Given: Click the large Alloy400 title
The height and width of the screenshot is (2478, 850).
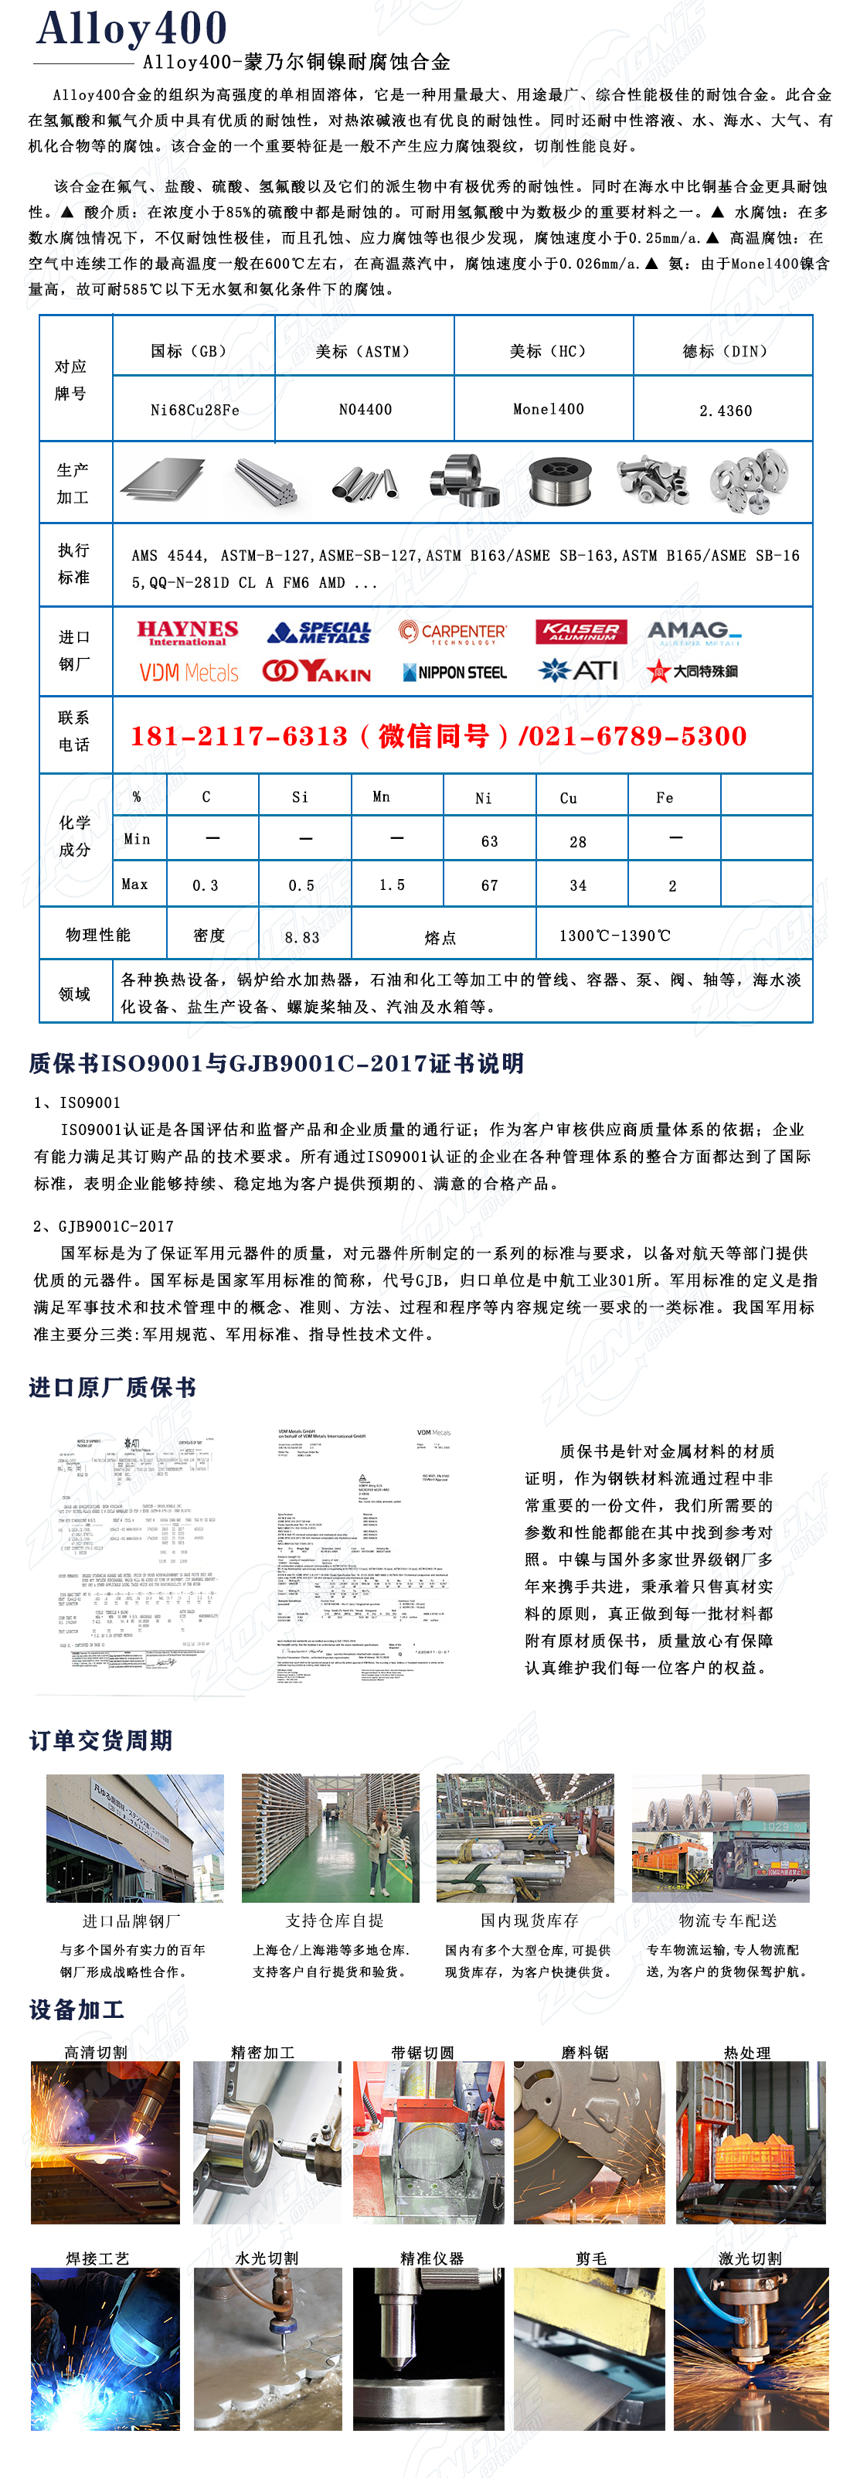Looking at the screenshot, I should (131, 29).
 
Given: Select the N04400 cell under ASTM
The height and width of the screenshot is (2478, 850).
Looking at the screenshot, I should (365, 410).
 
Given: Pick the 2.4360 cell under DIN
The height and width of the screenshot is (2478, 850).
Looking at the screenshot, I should (725, 411).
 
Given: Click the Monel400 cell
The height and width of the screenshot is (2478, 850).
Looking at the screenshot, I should (548, 409).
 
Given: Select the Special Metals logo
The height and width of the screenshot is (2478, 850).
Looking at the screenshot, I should (320, 632).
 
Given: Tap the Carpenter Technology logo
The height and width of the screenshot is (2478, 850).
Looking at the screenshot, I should (452, 632).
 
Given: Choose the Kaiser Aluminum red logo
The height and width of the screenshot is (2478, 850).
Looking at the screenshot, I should (581, 632).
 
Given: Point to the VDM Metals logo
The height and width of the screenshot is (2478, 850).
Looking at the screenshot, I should (189, 673).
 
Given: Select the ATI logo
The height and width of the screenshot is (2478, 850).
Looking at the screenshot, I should (579, 670).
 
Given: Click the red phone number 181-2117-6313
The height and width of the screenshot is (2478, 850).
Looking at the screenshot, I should (239, 737).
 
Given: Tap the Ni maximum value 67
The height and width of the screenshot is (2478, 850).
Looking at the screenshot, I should (489, 886).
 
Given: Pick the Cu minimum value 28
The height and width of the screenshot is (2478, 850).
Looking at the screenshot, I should (578, 842).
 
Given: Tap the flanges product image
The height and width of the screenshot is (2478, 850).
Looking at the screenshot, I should (748, 479).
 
